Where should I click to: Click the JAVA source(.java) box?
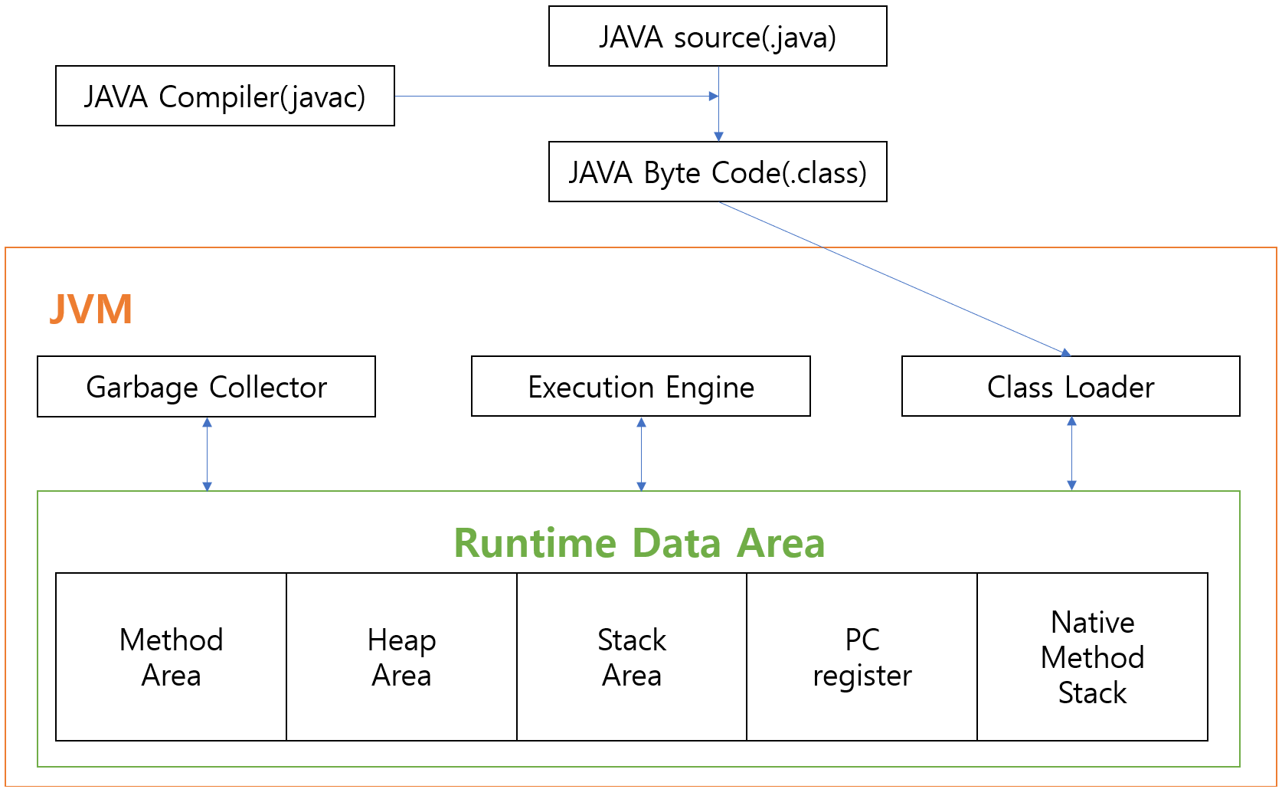(x=718, y=37)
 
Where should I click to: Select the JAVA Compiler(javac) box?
(x=224, y=97)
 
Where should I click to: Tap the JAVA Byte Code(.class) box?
(x=718, y=172)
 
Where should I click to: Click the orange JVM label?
(x=91, y=309)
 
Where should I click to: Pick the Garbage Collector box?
(x=206, y=387)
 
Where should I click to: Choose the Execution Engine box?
(x=641, y=387)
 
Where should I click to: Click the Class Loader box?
(x=1071, y=387)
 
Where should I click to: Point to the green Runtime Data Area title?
(x=639, y=543)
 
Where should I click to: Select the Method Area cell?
(x=171, y=657)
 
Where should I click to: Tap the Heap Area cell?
(x=401, y=657)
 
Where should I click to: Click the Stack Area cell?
(x=632, y=657)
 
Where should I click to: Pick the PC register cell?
(x=862, y=657)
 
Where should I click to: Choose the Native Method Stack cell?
(x=1093, y=657)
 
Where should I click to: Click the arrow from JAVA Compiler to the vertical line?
(x=555, y=97)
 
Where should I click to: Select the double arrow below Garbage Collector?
(x=207, y=454)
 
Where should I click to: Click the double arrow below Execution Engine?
(x=642, y=454)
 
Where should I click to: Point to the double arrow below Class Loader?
(x=1071, y=454)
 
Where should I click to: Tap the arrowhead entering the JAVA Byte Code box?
(x=718, y=136)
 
